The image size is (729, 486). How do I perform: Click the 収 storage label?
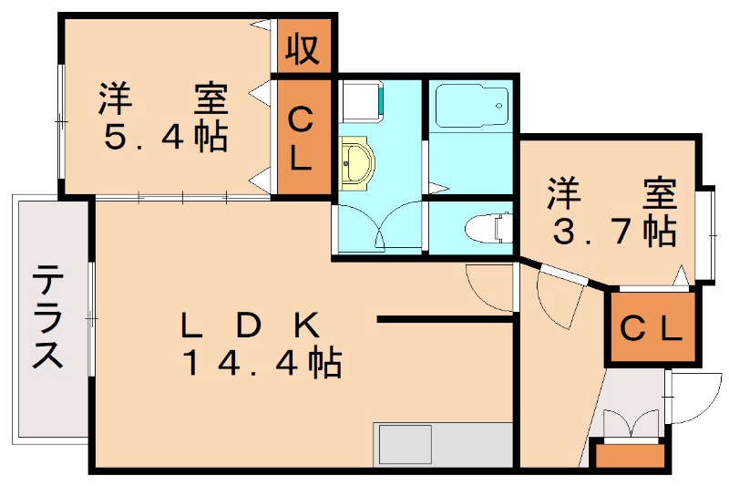pyautogui.click(x=303, y=48)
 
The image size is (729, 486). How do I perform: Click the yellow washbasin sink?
pyautogui.click(x=356, y=163)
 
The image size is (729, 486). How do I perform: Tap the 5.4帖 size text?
pyautogui.click(x=164, y=137)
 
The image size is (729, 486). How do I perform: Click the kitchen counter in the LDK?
pyautogui.click(x=443, y=445)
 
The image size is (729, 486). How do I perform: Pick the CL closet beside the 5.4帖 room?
pyautogui.click(x=303, y=138)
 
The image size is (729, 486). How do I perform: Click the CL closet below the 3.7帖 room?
pyautogui.click(x=651, y=327)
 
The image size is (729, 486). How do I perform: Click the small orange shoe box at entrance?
pyautogui.click(x=629, y=454)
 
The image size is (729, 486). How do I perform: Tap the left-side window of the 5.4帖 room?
pyautogui.click(x=60, y=119)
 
